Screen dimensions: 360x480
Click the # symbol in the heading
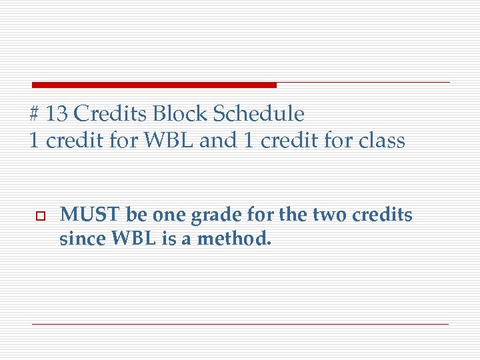pyautogui.click(x=35, y=115)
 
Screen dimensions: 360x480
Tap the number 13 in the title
pyautogui.click(x=57, y=114)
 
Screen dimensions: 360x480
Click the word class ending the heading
pyautogui.click(x=381, y=141)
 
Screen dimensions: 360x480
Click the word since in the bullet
pyautogui.click(x=79, y=239)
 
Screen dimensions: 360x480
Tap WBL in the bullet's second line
pyautogui.click(x=129, y=239)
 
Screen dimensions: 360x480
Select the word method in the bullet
pyautogui.click(x=238, y=239)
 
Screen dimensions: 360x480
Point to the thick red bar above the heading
pyautogui.click(x=154, y=85)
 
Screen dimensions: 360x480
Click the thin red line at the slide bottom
pyautogui.click(x=240, y=324)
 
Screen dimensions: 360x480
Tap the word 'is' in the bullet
pyautogui.click(x=168, y=239)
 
